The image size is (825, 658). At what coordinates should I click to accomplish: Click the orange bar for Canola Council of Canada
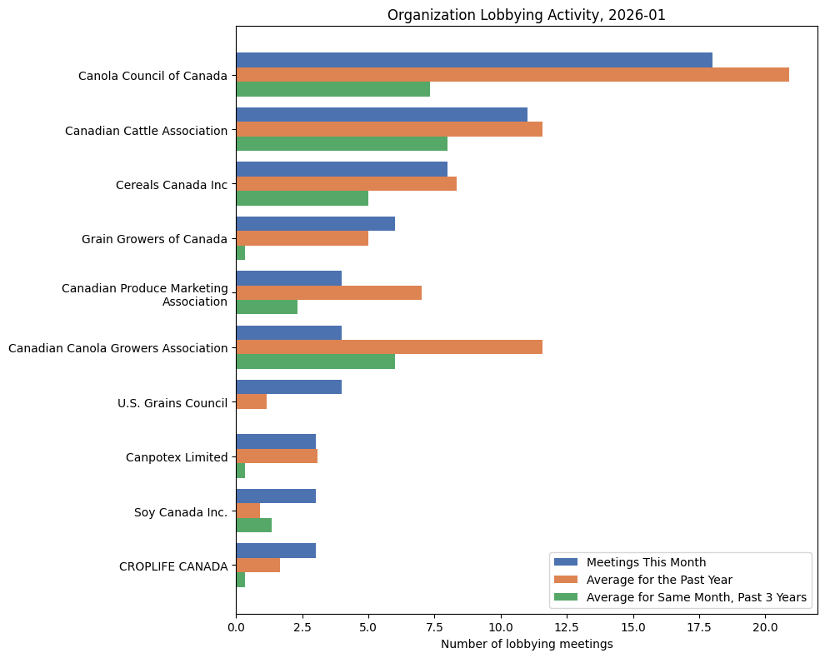512,75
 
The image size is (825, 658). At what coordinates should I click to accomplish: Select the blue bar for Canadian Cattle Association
382,115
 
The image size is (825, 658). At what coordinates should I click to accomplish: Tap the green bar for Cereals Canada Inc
302,198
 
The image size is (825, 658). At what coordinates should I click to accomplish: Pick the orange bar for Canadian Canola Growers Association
389,347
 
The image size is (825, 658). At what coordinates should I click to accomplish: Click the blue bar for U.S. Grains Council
288,387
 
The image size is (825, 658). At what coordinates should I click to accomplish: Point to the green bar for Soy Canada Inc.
253,525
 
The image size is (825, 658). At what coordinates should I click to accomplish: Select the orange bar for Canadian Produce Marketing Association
328,292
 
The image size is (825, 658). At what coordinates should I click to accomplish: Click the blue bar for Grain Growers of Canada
315,224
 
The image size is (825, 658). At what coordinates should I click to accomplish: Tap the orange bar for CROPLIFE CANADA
257,566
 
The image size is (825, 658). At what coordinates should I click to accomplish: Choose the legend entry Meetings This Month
646,562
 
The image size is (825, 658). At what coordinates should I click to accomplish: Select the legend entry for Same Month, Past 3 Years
696,597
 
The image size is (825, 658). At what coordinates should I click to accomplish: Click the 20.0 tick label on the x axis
765,625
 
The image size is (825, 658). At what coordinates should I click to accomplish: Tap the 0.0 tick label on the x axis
237,625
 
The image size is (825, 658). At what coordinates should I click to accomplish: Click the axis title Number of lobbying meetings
527,644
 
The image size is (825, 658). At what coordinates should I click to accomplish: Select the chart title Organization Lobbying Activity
527,15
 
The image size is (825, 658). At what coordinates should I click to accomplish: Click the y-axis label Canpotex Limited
177,457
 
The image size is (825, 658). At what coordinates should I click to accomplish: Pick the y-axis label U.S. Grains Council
172,403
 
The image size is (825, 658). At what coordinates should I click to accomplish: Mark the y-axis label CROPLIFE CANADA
173,566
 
